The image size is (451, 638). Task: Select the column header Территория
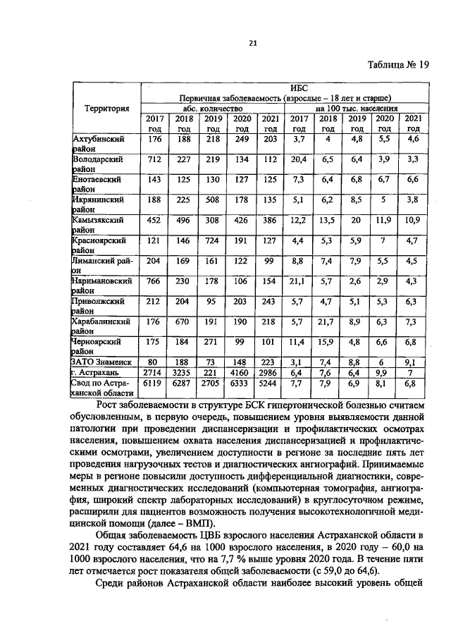click(x=106, y=109)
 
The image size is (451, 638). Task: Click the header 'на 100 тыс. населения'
click(x=357, y=109)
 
